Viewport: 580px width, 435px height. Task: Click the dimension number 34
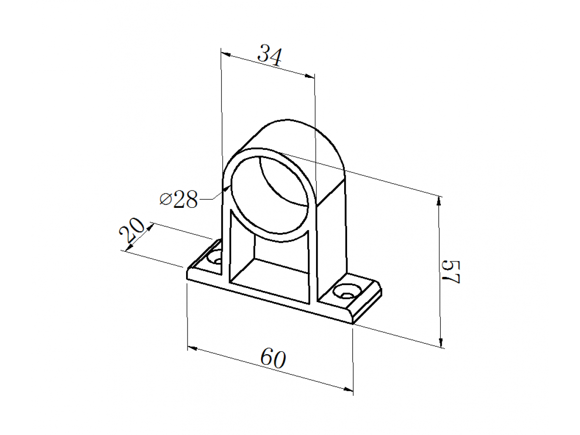coord(270,56)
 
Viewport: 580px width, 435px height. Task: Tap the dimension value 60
coord(273,359)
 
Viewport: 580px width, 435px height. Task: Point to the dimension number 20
coord(132,230)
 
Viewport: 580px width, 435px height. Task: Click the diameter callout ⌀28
coord(179,199)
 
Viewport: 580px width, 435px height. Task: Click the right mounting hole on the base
coord(347,291)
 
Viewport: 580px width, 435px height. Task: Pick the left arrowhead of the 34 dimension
coord(226,54)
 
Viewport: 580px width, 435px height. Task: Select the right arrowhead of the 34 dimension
coord(309,76)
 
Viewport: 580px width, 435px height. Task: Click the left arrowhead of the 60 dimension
coord(192,348)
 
